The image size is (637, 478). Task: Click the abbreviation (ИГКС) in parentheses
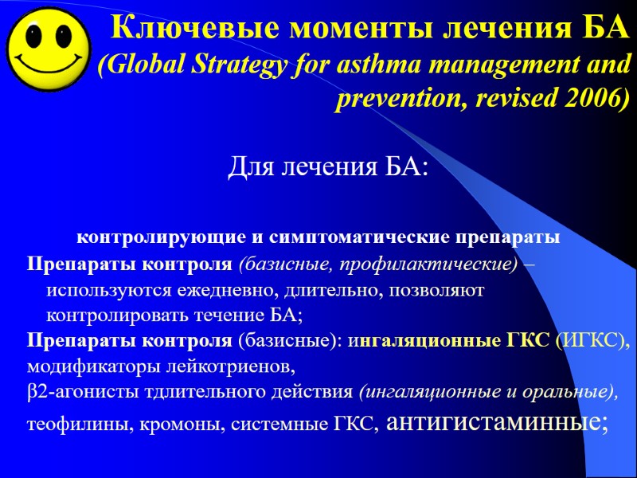tap(592, 341)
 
